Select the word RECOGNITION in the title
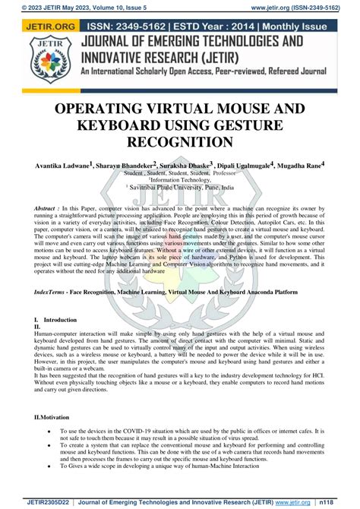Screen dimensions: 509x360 tap(179, 142)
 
